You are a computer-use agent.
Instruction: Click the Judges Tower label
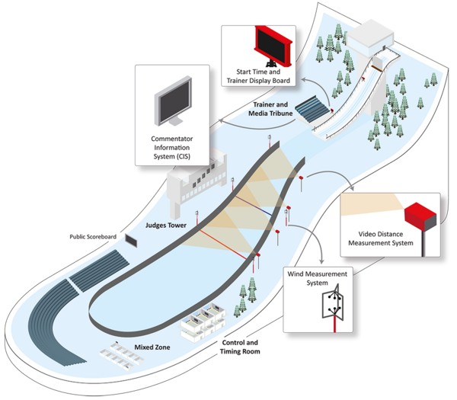point(165,225)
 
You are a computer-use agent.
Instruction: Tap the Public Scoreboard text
point(93,236)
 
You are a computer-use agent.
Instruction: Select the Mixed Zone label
point(152,347)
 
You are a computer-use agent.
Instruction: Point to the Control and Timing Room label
point(240,347)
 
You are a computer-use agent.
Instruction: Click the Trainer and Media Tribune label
point(270,109)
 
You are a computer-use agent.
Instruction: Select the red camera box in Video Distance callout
point(420,216)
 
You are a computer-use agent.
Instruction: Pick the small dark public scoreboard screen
point(131,240)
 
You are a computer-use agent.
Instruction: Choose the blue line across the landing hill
point(254,206)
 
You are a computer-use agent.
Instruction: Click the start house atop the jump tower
point(370,36)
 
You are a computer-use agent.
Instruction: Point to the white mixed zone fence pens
point(122,356)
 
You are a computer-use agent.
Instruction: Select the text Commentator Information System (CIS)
point(171,148)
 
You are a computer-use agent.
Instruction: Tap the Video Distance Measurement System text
point(381,238)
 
